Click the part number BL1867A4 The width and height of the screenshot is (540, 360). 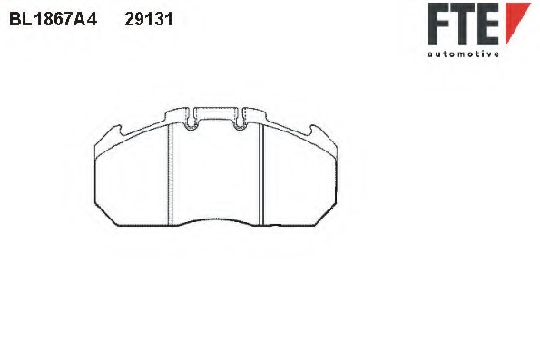tap(53, 18)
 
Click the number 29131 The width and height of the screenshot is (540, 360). tap(148, 18)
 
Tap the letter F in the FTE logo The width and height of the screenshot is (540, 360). tap(441, 24)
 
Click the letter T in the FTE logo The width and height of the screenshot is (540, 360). tap(466, 24)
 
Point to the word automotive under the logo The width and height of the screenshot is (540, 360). tap(463, 54)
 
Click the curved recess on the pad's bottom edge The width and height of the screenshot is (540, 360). tap(215, 220)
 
